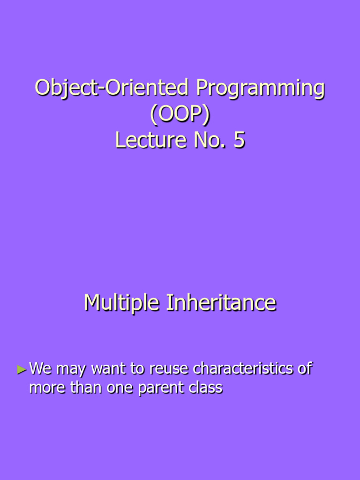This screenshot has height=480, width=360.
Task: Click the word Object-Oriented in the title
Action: point(112,89)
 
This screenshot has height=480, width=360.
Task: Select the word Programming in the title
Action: point(260,89)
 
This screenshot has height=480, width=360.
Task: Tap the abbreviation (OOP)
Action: point(180,114)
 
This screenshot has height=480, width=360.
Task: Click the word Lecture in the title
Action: point(149,140)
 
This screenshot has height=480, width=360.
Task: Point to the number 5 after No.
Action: point(239,140)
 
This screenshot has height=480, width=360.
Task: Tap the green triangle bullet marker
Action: point(21,370)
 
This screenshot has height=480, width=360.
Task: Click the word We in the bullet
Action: point(40,369)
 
